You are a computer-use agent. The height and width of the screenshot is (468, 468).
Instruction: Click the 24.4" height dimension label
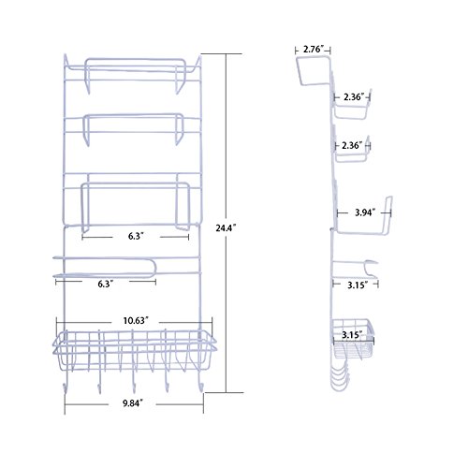[x=226, y=228]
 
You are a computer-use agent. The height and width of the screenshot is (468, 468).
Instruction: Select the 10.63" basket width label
[x=136, y=320]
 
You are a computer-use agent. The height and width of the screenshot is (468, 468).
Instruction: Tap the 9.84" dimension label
[x=133, y=403]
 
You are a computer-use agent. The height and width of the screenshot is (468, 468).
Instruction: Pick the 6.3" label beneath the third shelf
[x=136, y=236]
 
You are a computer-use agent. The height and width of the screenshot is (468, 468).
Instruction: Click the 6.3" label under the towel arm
[x=106, y=284]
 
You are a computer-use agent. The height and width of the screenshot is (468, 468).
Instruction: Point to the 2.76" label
[x=314, y=50]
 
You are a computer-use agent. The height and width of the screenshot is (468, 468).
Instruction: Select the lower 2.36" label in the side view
[x=352, y=145]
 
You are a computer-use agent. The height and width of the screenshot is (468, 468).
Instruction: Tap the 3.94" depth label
[x=365, y=212]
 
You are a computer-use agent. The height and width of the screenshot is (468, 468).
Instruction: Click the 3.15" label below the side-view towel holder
[x=358, y=285]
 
